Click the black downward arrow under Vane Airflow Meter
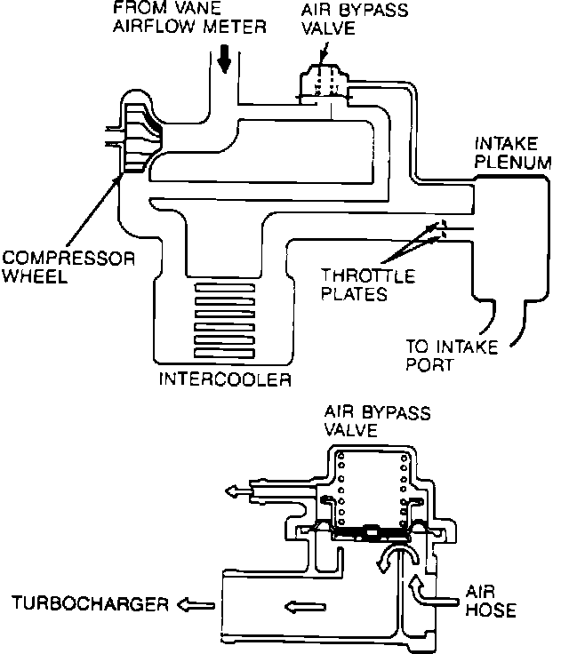225,59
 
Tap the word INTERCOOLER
225,379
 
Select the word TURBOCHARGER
90,603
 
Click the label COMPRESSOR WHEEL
68,267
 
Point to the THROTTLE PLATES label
368,285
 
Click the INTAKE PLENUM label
513,153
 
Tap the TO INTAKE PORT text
452,355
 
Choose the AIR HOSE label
491,601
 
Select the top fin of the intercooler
225,288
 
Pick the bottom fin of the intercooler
225,354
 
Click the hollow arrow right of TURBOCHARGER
196,605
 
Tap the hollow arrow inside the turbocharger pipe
305,606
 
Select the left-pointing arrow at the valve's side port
239,490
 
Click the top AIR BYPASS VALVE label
355,20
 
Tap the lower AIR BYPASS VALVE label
377,421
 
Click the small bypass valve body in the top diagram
325,84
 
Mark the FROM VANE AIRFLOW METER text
189,18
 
